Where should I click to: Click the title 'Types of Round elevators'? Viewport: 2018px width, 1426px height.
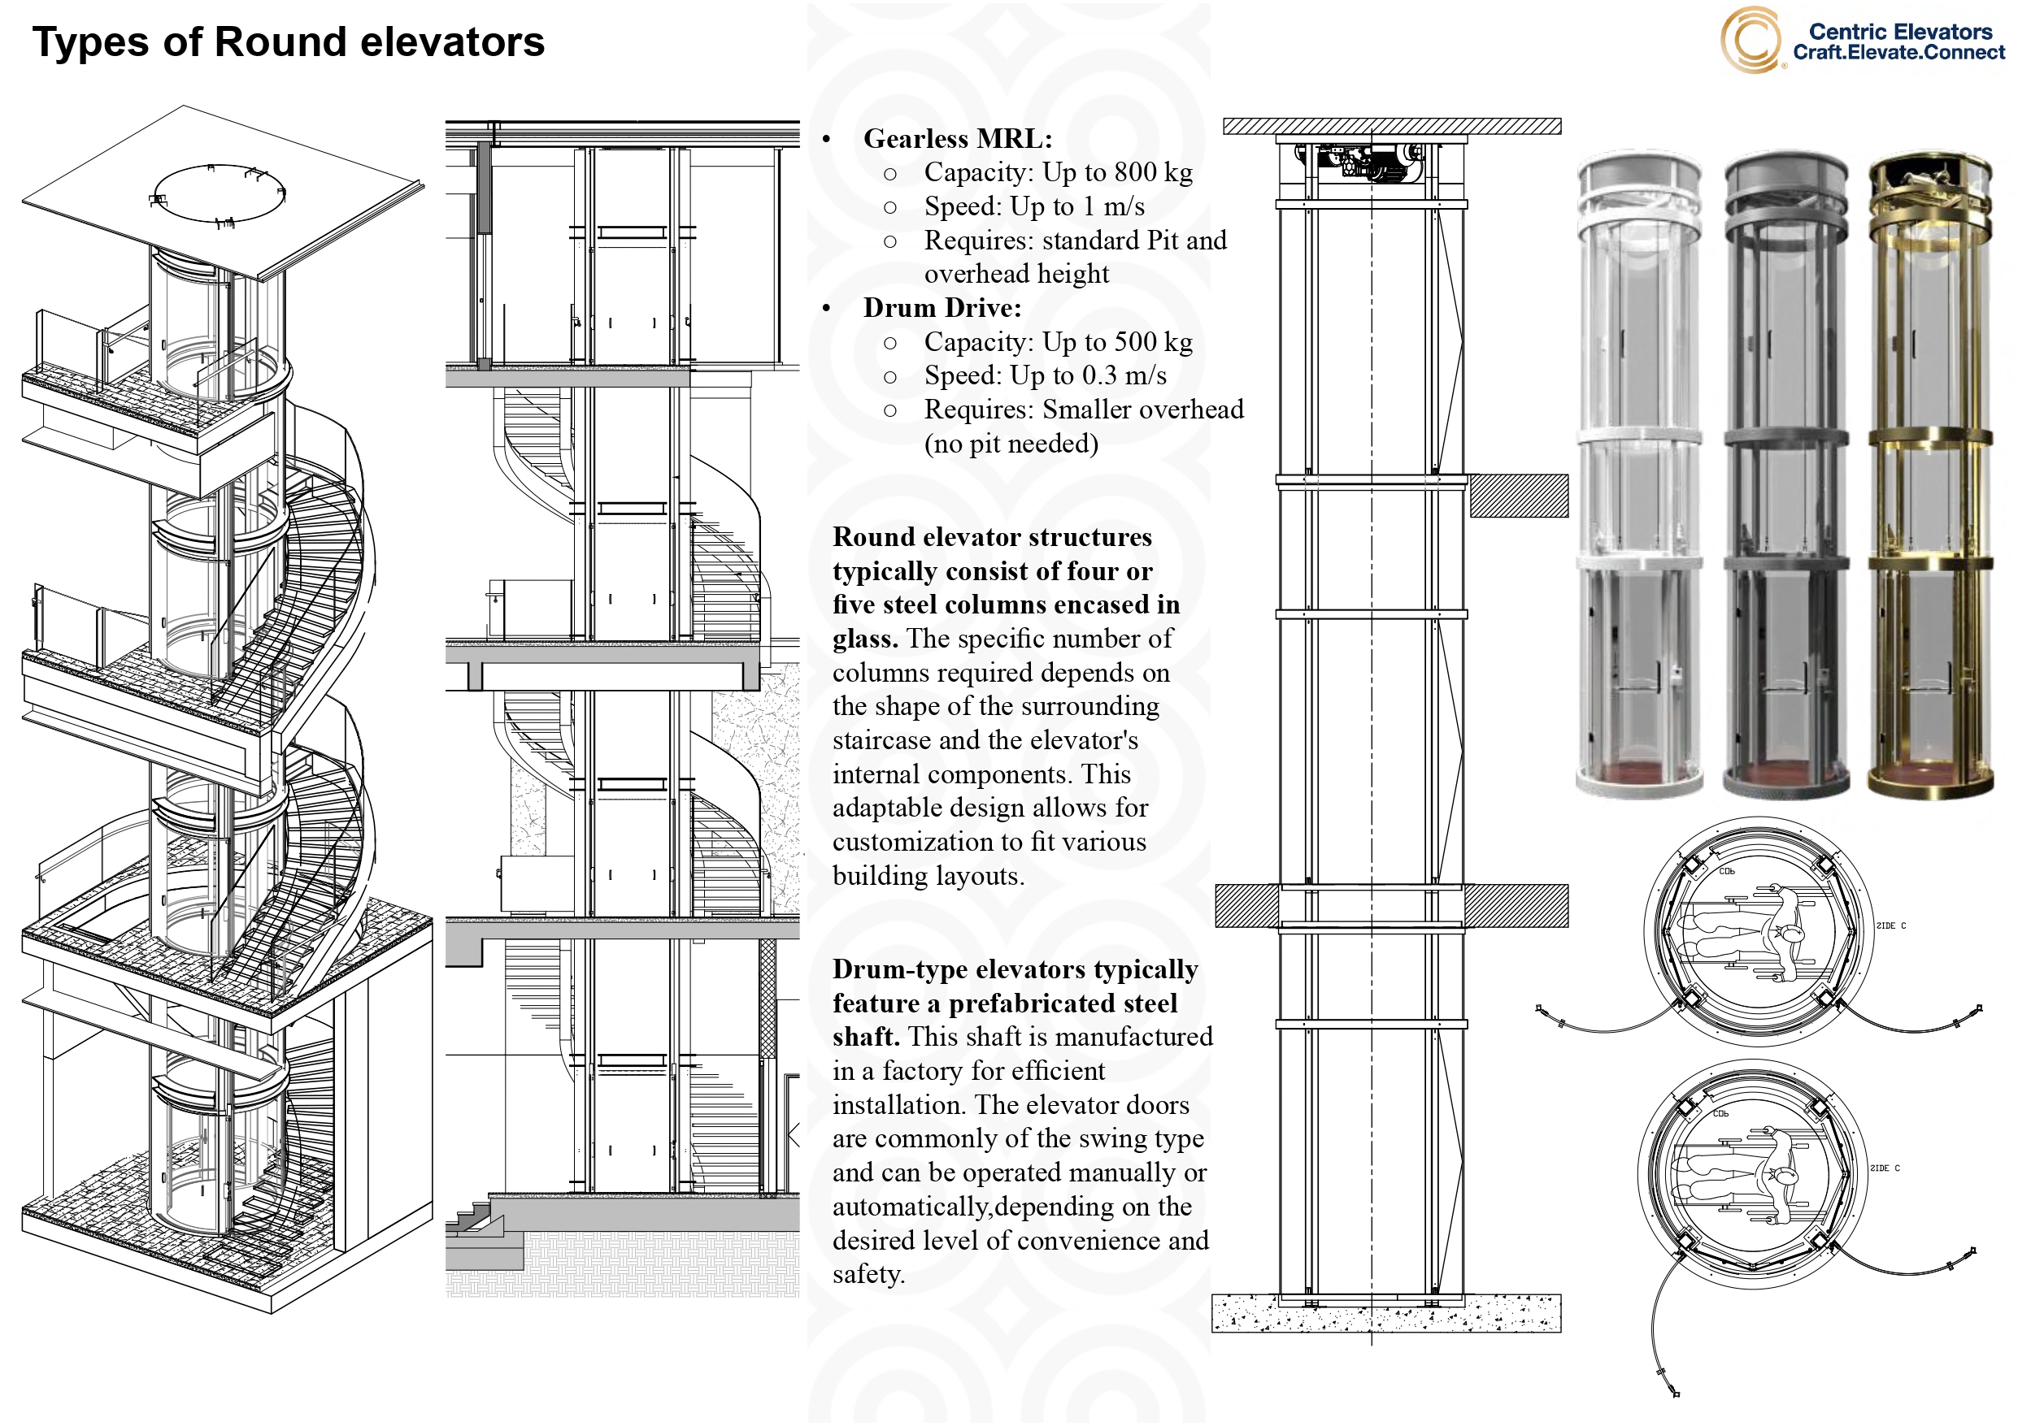click(x=289, y=42)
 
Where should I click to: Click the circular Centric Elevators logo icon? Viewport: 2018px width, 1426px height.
click(x=1750, y=40)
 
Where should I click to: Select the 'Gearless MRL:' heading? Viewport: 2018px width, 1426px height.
click(x=957, y=139)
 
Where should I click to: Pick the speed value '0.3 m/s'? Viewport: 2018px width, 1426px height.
click(x=1124, y=376)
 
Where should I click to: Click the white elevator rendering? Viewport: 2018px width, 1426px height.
click(x=1638, y=475)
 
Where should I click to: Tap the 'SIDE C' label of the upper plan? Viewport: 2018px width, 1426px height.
click(x=1890, y=926)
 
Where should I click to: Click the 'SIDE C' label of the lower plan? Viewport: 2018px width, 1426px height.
click(x=1885, y=1168)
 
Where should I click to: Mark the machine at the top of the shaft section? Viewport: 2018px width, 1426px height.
click(x=1363, y=163)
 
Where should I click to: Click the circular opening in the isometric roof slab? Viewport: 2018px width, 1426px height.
click(x=218, y=193)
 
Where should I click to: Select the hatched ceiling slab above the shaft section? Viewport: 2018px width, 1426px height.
click(x=1391, y=127)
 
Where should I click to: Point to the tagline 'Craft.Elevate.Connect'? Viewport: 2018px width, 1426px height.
click(x=1898, y=53)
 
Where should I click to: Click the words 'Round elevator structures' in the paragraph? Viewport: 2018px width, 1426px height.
click(x=991, y=537)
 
